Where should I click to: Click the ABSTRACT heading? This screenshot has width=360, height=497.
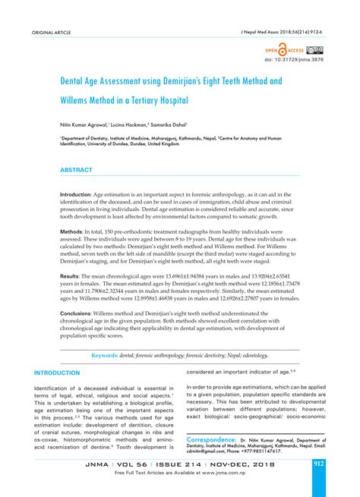coord(76,170)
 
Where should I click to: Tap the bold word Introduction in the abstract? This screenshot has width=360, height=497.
coord(75,195)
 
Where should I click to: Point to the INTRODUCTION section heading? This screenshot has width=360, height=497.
coord(57,373)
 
